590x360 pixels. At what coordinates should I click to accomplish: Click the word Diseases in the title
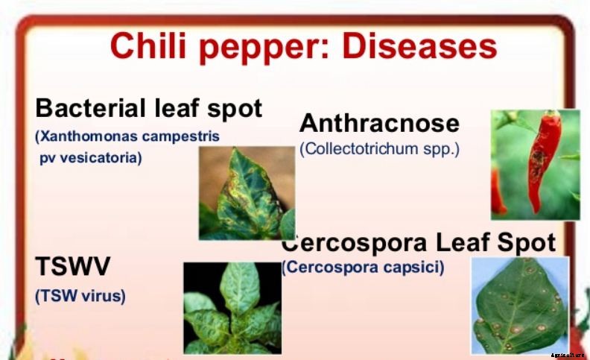click(x=419, y=46)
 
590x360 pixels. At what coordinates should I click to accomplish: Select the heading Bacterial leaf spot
click(x=148, y=108)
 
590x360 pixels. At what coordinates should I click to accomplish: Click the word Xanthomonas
click(x=92, y=137)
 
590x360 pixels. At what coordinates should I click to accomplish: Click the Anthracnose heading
click(x=379, y=123)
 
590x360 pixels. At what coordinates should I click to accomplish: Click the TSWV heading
click(x=73, y=268)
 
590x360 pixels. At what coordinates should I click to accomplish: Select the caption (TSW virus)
click(x=80, y=295)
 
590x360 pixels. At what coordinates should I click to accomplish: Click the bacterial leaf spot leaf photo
click(x=246, y=192)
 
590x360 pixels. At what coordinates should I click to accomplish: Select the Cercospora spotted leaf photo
click(x=520, y=305)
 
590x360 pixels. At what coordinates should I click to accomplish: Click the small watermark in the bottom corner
click(x=568, y=355)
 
